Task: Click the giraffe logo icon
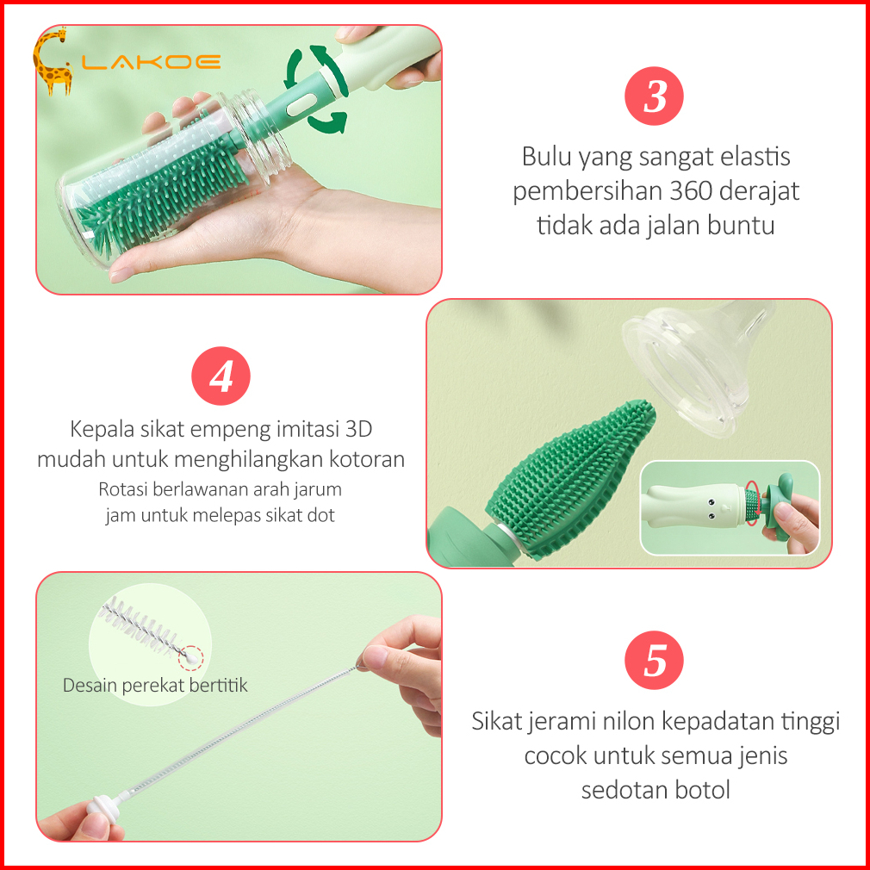click(53, 61)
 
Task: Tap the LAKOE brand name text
click(152, 62)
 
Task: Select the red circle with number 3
click(654, 96)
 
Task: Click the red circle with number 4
click(221, 376)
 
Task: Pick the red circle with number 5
click(654, 660)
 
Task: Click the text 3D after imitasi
click(358, 429)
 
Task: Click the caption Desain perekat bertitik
click(155, 686)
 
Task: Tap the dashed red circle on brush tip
click(191, 658)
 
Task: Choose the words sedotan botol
click(656, 790)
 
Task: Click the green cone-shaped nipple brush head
click(570, 477)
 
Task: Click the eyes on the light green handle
click(710, 510)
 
